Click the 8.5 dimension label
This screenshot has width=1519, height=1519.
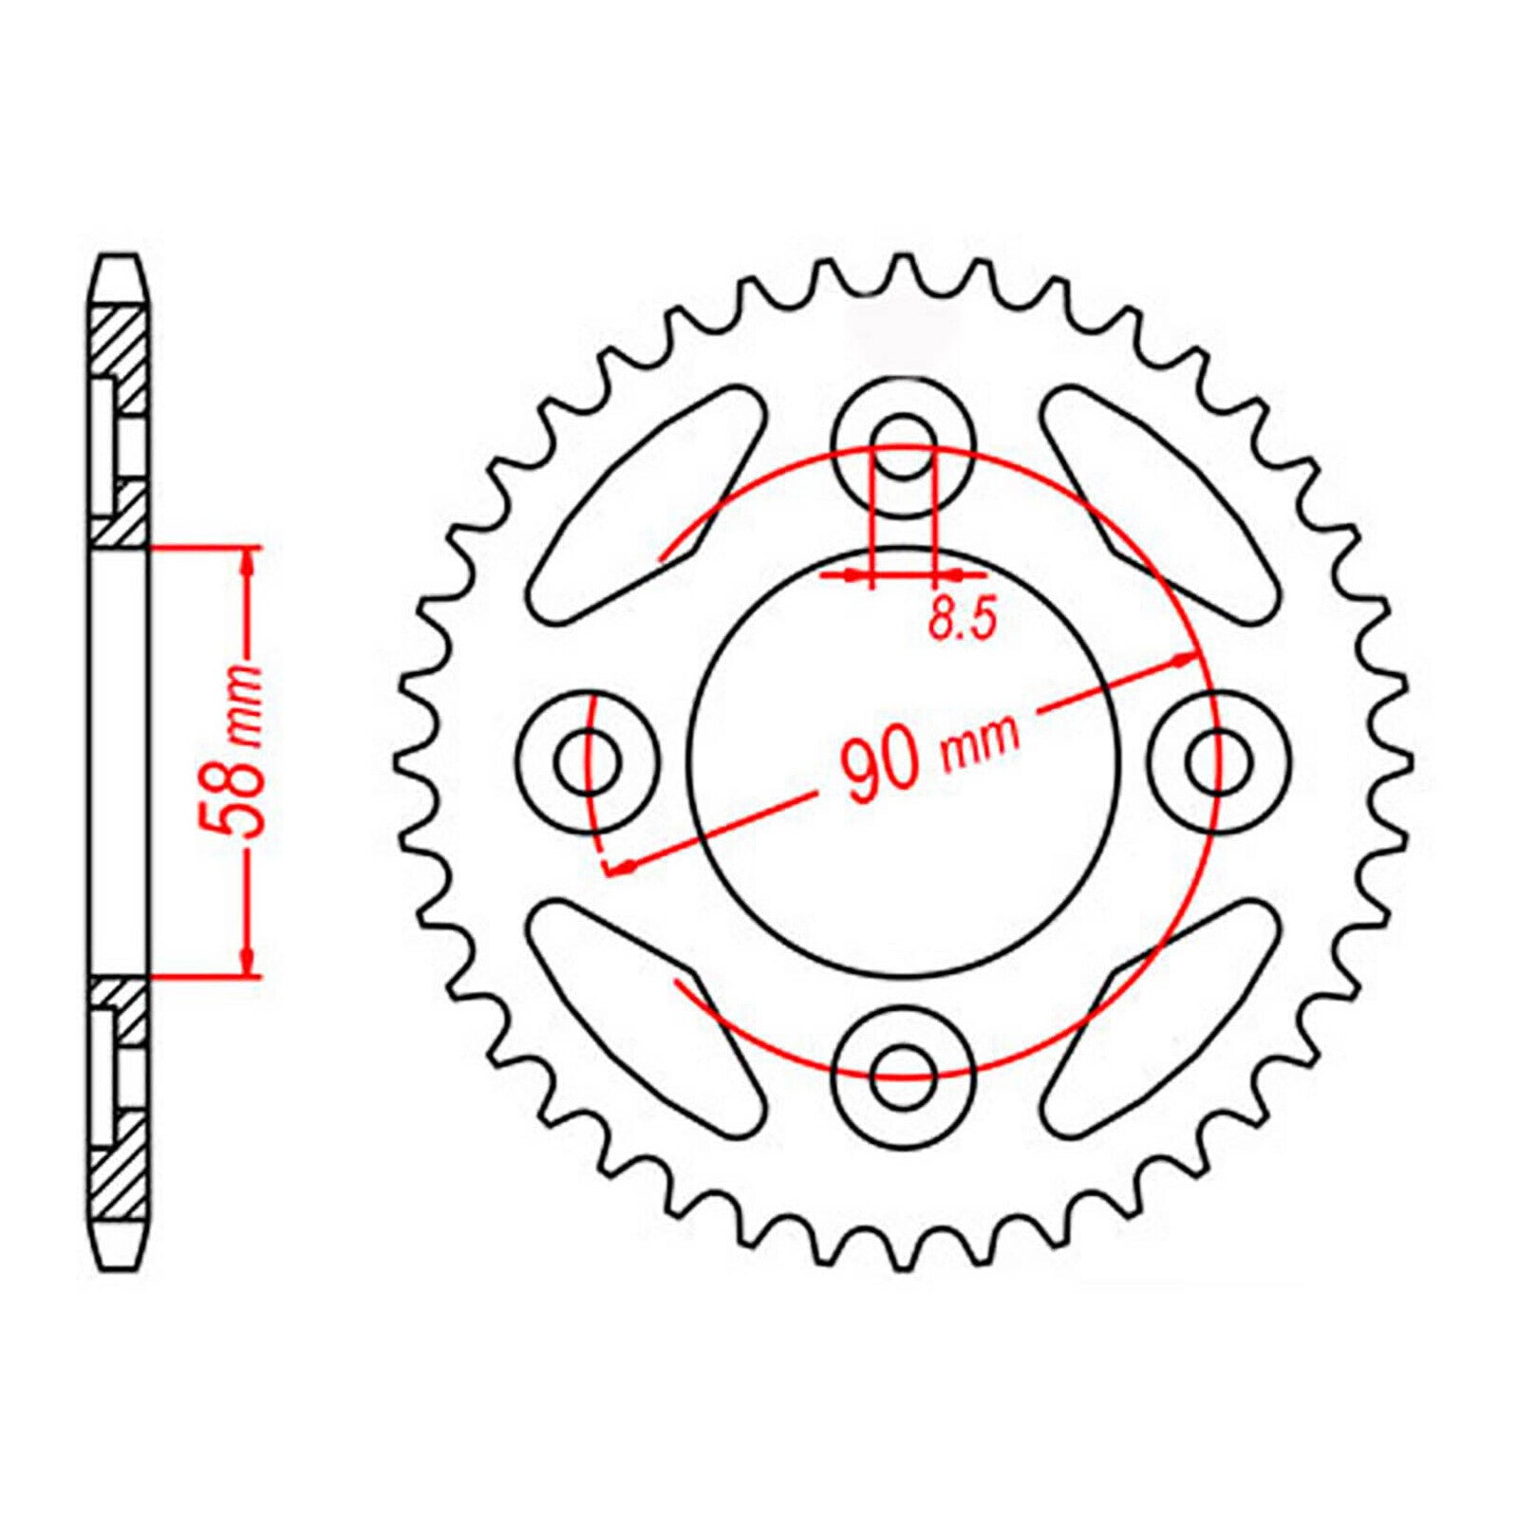click(x=962, y=619)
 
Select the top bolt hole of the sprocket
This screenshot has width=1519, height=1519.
click(x=903, y=447)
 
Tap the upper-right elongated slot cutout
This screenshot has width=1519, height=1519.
click(x=1158, y=504)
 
